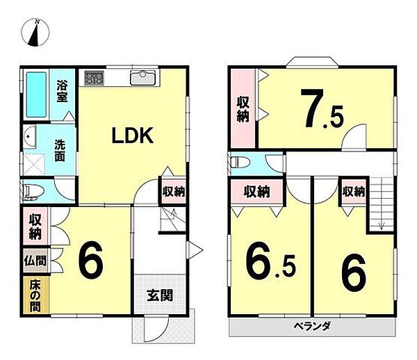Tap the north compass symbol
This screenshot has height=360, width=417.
(x=36, y=33)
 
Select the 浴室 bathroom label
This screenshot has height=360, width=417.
(x=62, y=91)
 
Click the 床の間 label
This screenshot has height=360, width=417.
(x=35, y=294)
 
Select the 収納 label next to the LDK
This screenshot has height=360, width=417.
(x=174, y=191)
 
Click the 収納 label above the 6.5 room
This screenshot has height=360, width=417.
(x=256, y=190)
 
